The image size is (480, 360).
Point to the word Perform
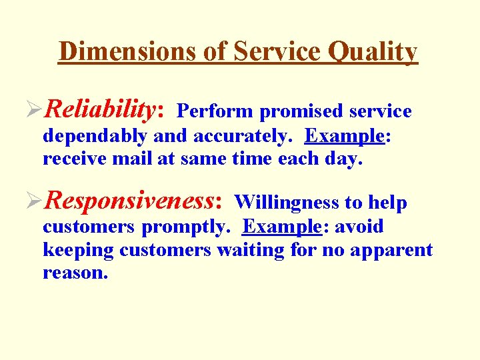(x=215, y=111)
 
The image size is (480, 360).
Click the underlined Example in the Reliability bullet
(x=344, y=136)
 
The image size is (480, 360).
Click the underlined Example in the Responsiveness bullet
(x=282, y=227)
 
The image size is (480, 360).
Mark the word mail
(x=121, y=160)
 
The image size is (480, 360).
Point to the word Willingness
(x=287, y=202)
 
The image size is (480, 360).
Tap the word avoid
(x=359, y=227)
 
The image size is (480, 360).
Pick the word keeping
(x=79, y=251)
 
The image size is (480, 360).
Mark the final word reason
(x=75, y=273)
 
